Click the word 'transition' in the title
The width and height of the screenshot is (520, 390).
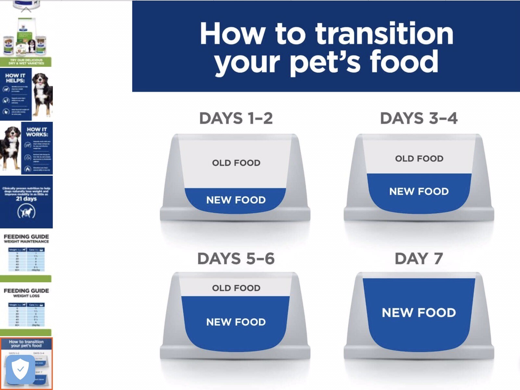click(384, 34)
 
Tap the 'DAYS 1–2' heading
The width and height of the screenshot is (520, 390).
click(236, 118)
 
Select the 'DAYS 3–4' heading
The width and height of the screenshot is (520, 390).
click(419, 118)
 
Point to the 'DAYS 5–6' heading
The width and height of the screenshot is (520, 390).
click(236, 259)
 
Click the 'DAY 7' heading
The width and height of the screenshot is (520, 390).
click(419, 259)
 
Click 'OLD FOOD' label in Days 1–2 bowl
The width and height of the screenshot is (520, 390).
click(236, 163)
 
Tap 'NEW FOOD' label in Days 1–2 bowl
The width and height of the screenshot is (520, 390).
click(236, 200)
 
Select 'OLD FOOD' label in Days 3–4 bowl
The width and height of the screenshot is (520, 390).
click(419, 159)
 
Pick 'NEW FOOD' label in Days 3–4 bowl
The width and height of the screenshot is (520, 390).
click(419, 191)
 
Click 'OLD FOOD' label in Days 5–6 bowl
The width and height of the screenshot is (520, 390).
click(236, 288)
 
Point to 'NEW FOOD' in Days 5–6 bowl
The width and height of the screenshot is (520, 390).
click(236, 322)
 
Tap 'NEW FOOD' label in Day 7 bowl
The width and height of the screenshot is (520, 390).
click(419, 313)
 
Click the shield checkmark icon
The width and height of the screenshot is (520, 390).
click(20, 370)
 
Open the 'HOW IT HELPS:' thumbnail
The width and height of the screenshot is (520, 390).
click(26, 94)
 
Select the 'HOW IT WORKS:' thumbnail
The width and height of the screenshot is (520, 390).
click(26, 148)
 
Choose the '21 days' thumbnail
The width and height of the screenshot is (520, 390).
click(26, 202)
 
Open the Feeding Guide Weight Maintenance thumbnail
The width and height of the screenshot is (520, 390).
click(26, 255)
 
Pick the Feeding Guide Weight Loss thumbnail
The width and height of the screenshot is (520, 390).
click(26, 309)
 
